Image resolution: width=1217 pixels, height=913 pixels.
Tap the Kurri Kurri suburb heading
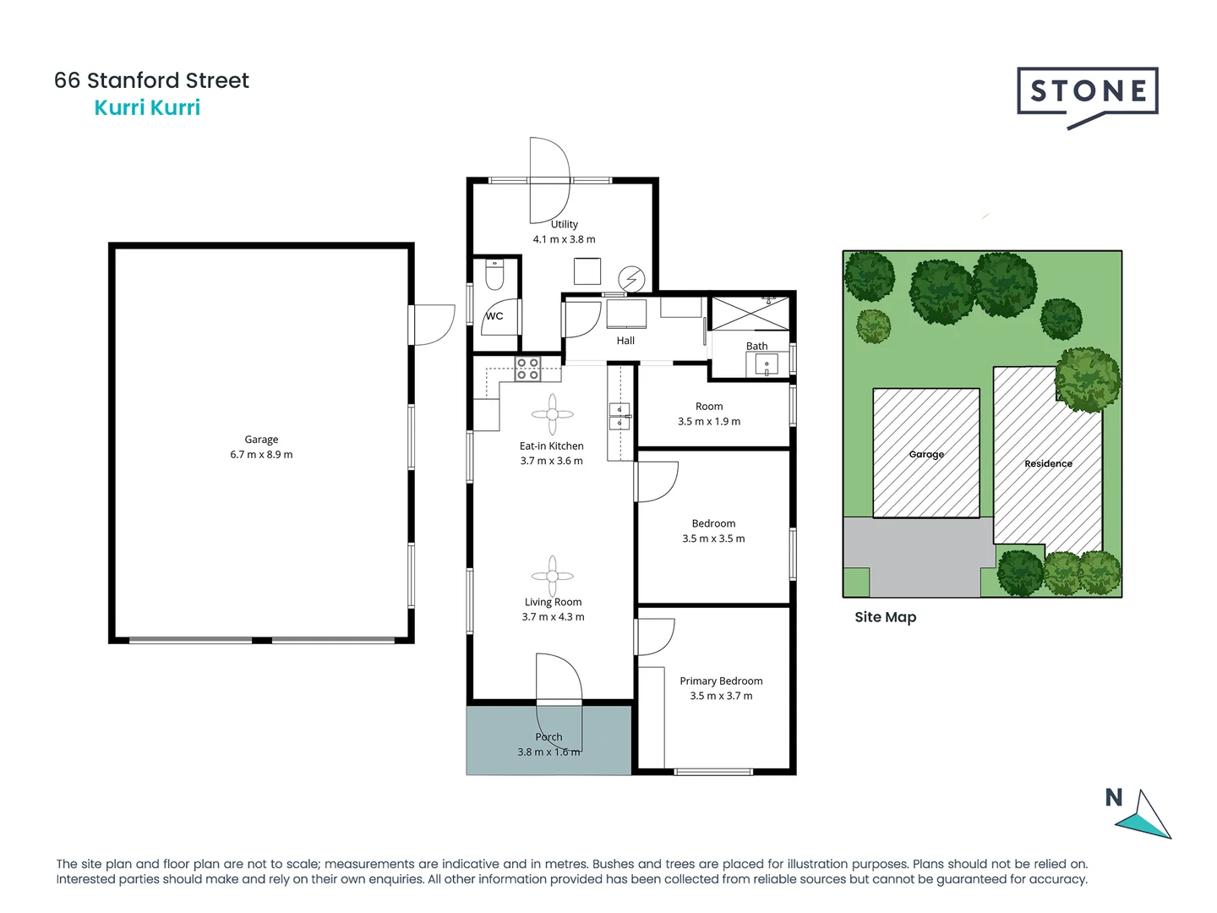click(147, 107)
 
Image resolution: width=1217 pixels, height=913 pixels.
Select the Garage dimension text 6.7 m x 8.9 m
click(261, 455)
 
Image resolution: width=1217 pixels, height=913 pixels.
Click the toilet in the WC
click(494, 276)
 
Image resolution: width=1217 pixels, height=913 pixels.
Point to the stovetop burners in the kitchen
click(528, 369)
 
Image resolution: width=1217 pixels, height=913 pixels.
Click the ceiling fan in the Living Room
click(553, 576)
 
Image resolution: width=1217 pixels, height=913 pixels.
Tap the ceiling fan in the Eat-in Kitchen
click(553, 414)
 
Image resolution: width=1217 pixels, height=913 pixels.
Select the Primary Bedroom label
click(721, 681)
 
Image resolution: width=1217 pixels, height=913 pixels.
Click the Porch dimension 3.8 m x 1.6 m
click(548, 752)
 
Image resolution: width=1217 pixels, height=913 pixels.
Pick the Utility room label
click(565, 224)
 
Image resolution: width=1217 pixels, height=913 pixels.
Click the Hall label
click(625, 341)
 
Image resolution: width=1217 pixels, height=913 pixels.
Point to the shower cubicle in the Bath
click(750, 314)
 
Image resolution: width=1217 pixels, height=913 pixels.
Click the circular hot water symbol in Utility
click(631, 278)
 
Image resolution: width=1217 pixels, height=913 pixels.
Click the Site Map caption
click(885, 617)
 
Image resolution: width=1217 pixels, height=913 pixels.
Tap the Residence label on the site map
click(1048, 463)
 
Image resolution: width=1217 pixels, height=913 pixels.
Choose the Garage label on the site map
click(926, 454)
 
